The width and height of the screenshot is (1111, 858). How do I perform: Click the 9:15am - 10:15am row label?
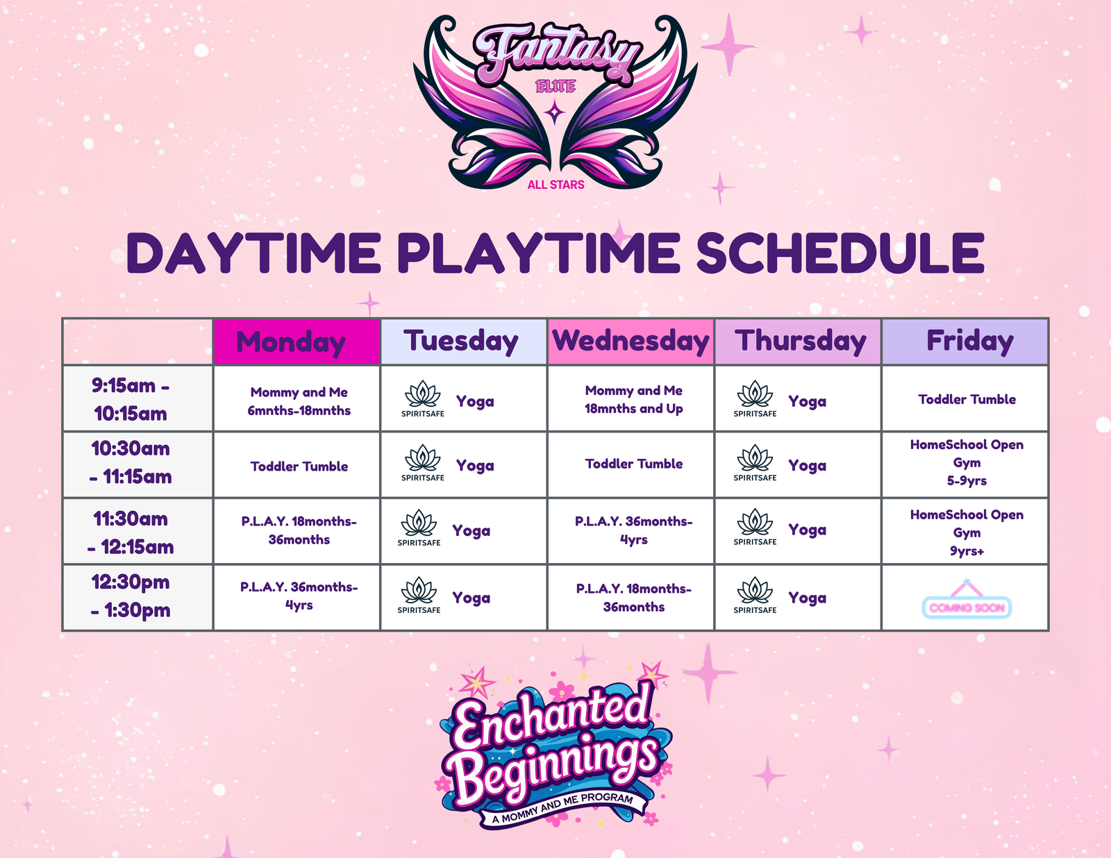pyautogui.click(x=131, y=399)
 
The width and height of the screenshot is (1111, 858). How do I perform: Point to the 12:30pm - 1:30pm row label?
pyautogui.click(x=131, y=596)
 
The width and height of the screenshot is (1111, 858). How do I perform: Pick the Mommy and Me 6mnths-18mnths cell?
pyautogui.click(x=299, y=401)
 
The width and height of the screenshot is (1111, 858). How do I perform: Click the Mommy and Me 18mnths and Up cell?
pyautogui.click(x=633, y=400)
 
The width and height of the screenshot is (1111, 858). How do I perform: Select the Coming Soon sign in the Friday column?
pyautogui.click(x=967, y=607)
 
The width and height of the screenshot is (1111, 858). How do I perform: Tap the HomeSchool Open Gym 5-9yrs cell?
pyautogui.click(x=967, y=462)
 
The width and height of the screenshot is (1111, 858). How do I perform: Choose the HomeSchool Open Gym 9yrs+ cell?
pyautogui.click(x=967, y=532)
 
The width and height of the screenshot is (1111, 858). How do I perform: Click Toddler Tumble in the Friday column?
pyautogui.click(x=967, y=399)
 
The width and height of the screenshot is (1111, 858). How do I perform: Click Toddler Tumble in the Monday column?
pyautogui.click(x=299, y=466)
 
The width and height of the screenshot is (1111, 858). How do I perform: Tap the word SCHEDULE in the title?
pyautogui.click(x=840, y=253)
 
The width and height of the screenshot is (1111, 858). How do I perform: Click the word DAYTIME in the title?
pyautogui.click(x=253, y=253)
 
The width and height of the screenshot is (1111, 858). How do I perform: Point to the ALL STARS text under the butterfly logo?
pyautogui.click(x=555, y=185)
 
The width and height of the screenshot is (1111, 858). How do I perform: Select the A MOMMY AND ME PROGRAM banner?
pyautogui.click(x=562, y=808)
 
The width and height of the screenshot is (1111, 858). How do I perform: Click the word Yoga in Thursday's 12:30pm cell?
pyautogui.click(x=807, y=598)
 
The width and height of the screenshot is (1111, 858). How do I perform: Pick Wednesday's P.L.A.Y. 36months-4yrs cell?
pyautogui.click(x=633, y=530)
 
